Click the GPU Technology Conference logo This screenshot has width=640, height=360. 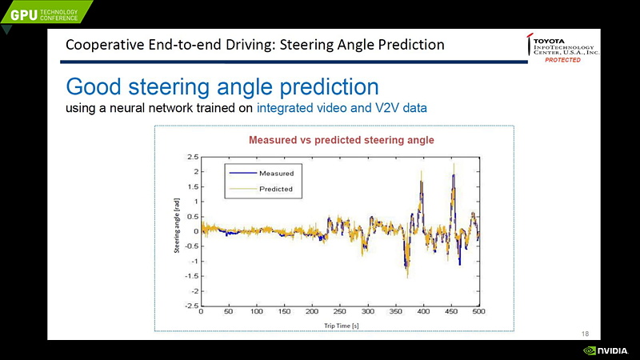pyautogui.click(x=45, y=12)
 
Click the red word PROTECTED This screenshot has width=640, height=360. pyautogui.click(x=563, y=61)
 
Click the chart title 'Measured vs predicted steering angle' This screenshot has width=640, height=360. pyautogui.click(x=342, y=140)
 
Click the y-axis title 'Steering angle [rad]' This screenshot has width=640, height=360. pyautogui.click(x=177, y=226)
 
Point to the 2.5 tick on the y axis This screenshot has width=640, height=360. pyautogui.click(x=193, y=157)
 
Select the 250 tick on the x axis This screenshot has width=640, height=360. pyautogui.click(x=340, y=313)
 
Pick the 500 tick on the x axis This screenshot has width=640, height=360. pyautogui.click(x=478, y=313)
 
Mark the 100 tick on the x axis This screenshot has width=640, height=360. pyautogui.click(x=256, y=313)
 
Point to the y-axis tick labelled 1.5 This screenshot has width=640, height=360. pyautogui.click(x=193, y=186)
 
